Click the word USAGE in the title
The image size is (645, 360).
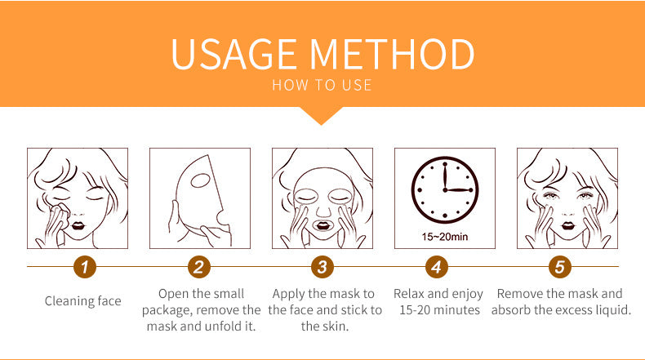tap(234, 54)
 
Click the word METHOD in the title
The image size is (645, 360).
tap(392, 54)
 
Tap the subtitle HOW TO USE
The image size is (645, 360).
tap(322, 85)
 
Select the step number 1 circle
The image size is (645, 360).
tap(85, 267)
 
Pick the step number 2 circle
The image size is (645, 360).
tap(199, 267)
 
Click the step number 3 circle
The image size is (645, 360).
tap(322, 267)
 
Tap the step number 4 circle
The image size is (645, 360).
tap(437, 267)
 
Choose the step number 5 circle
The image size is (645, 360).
tap(559, 267)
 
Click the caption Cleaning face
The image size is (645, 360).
tap(83, 301)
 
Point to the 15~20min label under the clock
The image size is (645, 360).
tap(445, 237)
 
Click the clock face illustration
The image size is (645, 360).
tap(445, 189)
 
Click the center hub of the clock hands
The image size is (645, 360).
tap(445, 190)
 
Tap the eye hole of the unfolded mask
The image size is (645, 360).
tap(201, 180)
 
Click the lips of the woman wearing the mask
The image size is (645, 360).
tap(322, 225)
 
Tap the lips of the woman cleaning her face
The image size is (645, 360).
tap(78, 226)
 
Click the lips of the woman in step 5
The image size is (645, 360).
tap(568, 225)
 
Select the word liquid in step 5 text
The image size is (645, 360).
tap(613, 310)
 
